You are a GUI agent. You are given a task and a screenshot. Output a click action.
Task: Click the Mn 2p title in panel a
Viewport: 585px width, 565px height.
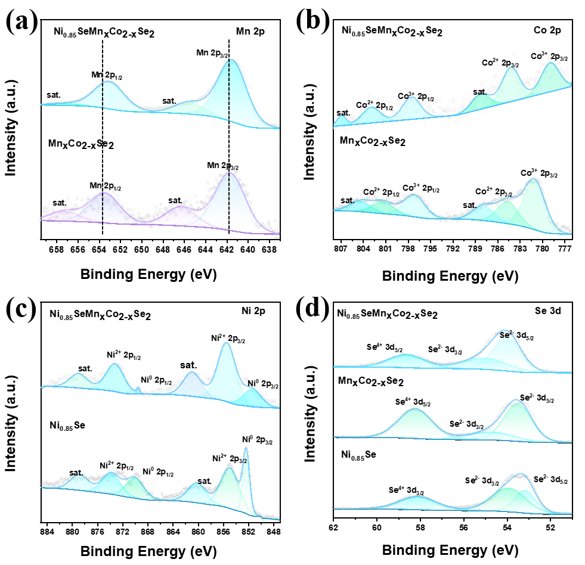pos(251,32)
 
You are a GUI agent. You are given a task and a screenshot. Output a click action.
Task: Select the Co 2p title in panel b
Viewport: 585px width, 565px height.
pos(547,29)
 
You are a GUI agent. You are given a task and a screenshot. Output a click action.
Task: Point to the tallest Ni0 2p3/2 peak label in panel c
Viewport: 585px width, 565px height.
pos(257,441)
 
